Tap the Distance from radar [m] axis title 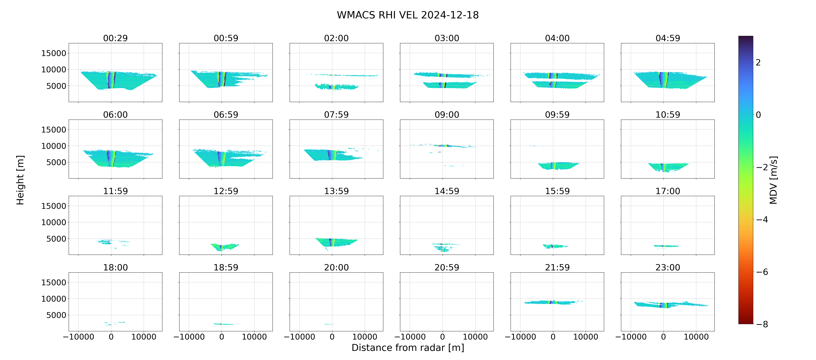coord(408,348)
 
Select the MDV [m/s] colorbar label coord(773,180)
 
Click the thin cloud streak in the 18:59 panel coord(224,324)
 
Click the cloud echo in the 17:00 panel coord(666,246)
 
